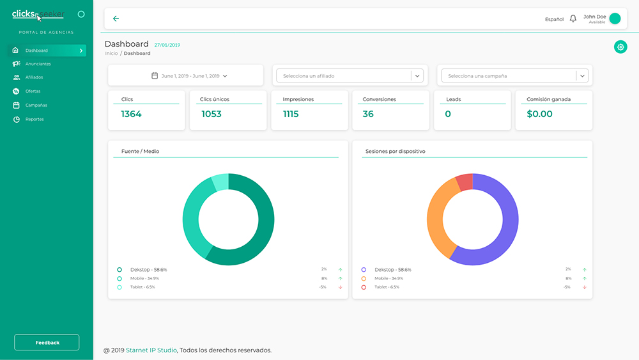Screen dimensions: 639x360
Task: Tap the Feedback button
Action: [47, 343]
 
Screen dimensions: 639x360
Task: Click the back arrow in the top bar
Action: [116, 19]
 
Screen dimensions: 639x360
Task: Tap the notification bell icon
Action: [573, 19]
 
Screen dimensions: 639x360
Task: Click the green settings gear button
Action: [620, 47]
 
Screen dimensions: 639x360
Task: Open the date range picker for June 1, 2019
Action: [190, 76]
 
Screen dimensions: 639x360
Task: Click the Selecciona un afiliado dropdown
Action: [350, 76]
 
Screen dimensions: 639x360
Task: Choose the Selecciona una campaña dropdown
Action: [514, 76]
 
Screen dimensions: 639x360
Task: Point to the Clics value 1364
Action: [131, 114]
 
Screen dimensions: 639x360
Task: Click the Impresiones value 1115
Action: [291, 114]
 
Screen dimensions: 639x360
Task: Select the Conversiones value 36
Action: [368, 114]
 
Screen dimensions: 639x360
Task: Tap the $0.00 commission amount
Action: [539, 114]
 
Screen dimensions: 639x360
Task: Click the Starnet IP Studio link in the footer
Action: [151, 350]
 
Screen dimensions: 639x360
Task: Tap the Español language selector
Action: [554, 19]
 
